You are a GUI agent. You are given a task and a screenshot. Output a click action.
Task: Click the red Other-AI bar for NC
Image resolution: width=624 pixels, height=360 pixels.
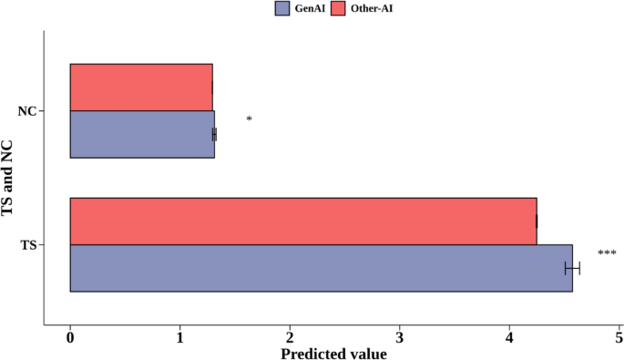(141, 87)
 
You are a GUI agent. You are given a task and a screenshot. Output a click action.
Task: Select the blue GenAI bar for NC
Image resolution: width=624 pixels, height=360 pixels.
(142, 134)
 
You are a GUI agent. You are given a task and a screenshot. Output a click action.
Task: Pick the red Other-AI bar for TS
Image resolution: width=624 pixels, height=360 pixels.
(303, 221)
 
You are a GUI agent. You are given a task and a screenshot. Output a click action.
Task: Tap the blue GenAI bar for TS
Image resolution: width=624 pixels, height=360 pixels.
(322, 269)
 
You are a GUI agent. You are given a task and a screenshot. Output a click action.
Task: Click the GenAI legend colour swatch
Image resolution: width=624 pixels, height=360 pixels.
(282, 8)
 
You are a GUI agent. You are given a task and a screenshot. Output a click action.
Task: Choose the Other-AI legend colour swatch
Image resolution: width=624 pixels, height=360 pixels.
(338, 8)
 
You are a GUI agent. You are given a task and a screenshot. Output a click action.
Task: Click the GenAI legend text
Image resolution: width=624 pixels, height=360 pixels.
(310, 8)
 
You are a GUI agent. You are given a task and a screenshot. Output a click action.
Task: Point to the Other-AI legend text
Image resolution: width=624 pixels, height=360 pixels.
(372, 8)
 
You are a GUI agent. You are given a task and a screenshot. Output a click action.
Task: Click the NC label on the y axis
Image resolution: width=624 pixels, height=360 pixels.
(27, 111)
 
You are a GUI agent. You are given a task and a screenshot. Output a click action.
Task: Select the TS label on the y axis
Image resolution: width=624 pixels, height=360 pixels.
(28, 245)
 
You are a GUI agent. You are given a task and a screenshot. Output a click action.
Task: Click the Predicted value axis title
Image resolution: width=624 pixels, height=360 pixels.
(334, 354)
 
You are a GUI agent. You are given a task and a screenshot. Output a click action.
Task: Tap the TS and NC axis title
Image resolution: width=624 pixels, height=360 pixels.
(7, 179)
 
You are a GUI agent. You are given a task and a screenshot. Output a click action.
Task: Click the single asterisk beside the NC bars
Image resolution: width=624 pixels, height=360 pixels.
(249, 118)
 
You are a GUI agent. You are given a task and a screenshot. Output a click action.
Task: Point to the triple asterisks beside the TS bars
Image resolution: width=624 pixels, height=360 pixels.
(608, 252)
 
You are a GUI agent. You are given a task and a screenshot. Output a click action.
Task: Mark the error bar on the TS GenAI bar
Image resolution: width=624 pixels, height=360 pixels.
(573, 269)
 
